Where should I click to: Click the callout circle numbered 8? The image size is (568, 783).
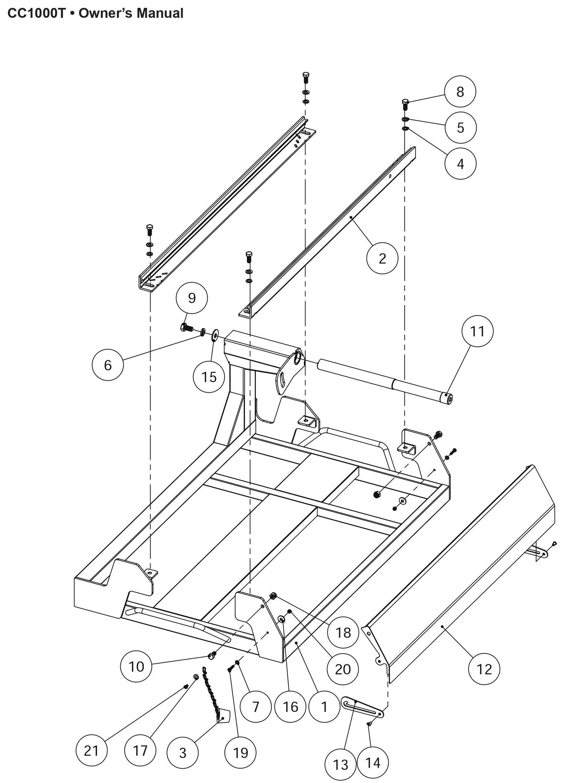[x=460, y=92]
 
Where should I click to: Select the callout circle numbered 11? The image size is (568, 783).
[x=477, y=331]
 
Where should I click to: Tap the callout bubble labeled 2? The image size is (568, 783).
[x=382, y=258]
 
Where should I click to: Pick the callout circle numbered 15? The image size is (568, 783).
[x=209, y=377]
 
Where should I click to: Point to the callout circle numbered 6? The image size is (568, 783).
[x=108, y=365]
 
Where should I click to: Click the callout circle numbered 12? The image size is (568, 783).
[x=484, y=669]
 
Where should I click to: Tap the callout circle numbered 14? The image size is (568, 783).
[x=373, y=752]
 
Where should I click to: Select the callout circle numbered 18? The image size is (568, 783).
[x=343, y=632]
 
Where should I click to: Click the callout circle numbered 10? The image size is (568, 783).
[x=136, y=666]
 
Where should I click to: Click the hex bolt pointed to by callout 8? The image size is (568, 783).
[x=406, y=105]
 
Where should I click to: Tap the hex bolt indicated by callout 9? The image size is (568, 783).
[x=186, y=327]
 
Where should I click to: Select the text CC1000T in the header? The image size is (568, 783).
[x=35, y=13]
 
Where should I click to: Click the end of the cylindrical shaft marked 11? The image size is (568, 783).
[x=447, y=400]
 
